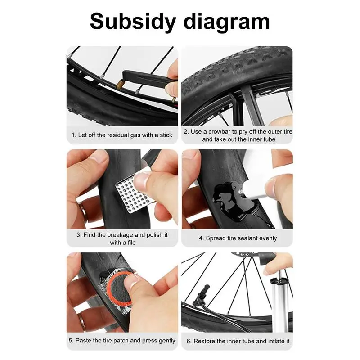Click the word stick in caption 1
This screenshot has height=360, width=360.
pos(165,135)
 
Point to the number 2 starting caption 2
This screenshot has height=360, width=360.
pos(185,132)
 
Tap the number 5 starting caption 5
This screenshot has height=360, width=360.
pos(71,341)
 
